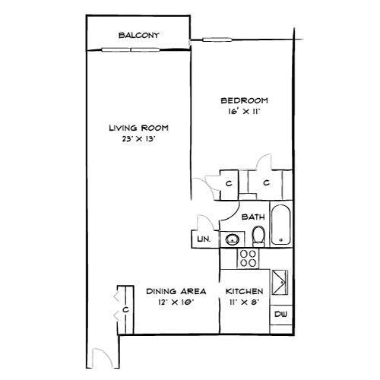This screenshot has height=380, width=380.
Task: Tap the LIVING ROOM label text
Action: [x=138, y=128]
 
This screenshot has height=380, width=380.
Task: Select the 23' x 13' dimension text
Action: [x=138, y=140]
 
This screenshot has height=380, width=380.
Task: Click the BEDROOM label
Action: [x=243, y=100]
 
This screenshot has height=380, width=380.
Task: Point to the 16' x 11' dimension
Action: [x=243, y=112]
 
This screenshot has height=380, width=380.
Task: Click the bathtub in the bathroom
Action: [x=280, y=224]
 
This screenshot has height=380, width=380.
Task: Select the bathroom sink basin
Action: [x=230, y=239]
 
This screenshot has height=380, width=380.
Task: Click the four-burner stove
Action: [x=247, y=258]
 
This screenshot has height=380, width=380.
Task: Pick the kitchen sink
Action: [x=280, y=282]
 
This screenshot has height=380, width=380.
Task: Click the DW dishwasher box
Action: [x=280, y=315]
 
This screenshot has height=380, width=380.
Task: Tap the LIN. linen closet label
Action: [x=203, y=239]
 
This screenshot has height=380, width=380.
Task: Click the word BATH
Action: [x=253, y=217]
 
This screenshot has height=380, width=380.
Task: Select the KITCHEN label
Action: [x=245, y=291]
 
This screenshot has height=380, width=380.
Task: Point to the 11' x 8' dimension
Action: [x=245, y=302]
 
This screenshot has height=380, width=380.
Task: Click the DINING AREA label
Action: [x=172, y=291]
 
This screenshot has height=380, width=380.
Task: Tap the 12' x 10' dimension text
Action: [x=172, y=302]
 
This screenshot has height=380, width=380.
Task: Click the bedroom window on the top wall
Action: [x=217, y=39]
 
